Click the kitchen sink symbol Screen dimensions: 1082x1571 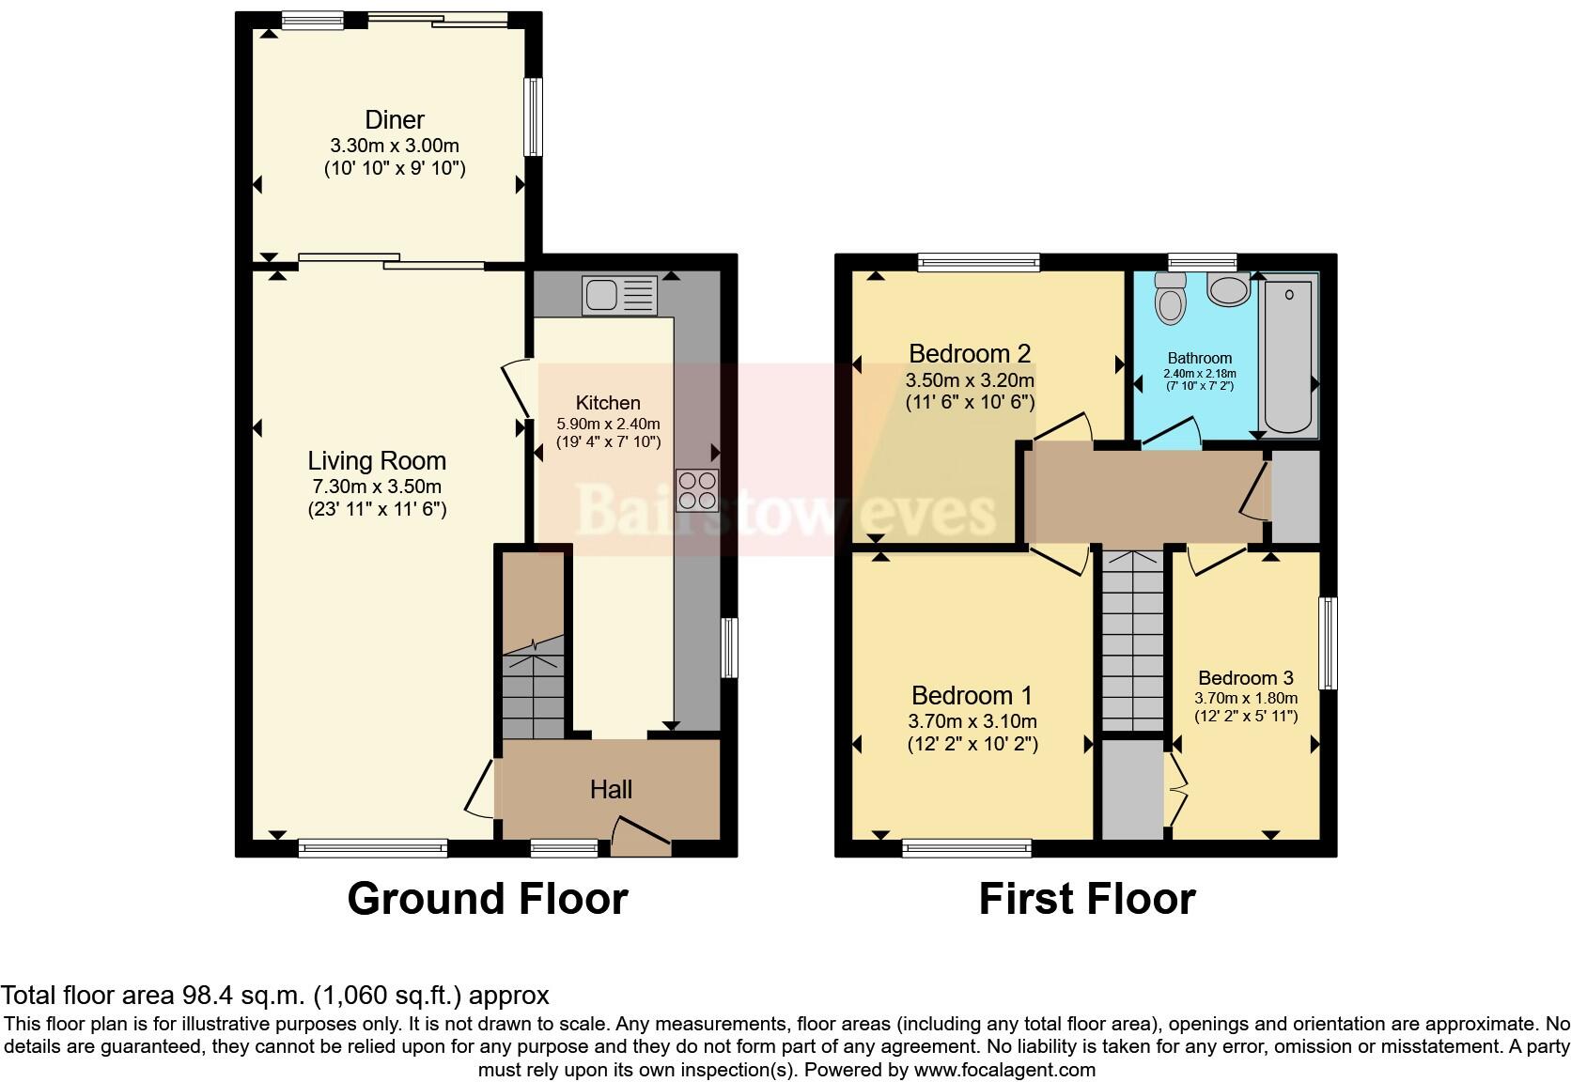tap(619, 295)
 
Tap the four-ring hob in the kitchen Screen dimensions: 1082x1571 tap(697, 489)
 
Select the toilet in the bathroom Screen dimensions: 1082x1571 tap(1170, 299)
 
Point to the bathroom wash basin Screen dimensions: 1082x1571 tap(1229, 289)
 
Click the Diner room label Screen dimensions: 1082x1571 tap(395, 120)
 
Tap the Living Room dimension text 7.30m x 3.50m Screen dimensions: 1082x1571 tap(377, 487)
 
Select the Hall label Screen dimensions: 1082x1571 tap(611, 790)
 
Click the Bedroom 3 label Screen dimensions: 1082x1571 tap(1246, 678)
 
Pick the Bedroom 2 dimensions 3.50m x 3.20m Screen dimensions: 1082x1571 tap(970, 380)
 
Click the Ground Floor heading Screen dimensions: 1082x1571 tap(487, 899)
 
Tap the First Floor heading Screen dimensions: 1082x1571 tap(1086, 899)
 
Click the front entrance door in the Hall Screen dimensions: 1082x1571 tap(642, 833)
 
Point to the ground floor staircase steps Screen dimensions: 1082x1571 tap(534, 695)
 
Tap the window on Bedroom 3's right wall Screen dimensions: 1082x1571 tap(1327, 643)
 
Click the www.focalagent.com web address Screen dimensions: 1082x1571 tap(1004, 1069)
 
